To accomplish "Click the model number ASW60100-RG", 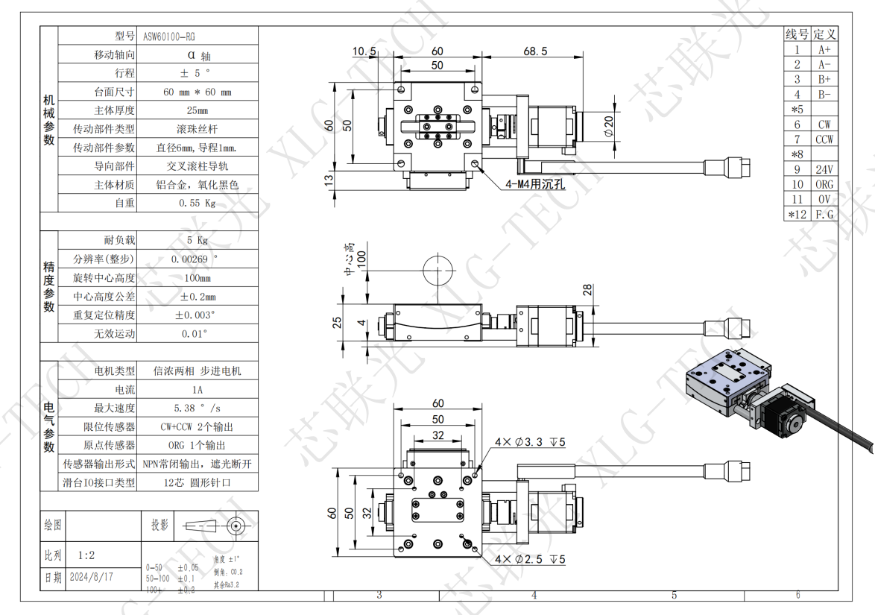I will tap(169, 36).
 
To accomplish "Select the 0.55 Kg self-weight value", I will tap(197, 203).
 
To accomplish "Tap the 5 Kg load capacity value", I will tap(197, 240).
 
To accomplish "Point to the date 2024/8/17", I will tap(91, 577).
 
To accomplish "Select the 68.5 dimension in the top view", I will tap(535, 51).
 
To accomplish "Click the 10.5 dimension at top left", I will tap(364, 51).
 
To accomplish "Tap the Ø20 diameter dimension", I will tap(608, 127).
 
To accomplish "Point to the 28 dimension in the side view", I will tap(587, 290).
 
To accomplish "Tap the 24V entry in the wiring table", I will tap(824, 169).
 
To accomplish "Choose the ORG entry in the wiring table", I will tap(824, 184).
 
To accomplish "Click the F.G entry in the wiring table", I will tap(824, 215).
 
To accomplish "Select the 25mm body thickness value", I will tap(197, 110).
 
